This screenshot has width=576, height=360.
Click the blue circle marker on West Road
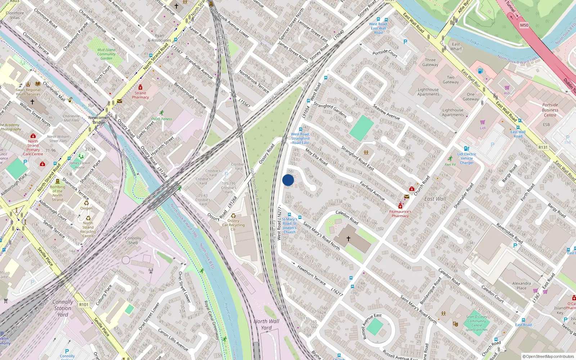point(288,180)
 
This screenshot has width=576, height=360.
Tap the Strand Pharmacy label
point(140,95)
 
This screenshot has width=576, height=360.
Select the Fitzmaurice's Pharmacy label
point(400,214)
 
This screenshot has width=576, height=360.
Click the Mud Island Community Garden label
point(106,54)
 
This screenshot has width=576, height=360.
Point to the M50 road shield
point(524,25)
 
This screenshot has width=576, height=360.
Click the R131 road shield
point(543,147)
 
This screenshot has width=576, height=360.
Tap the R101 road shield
point(84,305)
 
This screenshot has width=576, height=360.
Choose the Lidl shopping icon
point(483,122)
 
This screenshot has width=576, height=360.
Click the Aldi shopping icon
point(507,88)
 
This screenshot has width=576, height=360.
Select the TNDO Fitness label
point(161,119)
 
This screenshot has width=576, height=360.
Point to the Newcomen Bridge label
point(99,120)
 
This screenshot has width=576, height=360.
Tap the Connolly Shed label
point(133,240)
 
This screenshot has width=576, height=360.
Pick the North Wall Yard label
point(266,324)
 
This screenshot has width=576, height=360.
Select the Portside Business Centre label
point(550,110)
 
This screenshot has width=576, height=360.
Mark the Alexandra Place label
point(522,286)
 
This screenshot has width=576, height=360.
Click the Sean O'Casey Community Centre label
point(477,323)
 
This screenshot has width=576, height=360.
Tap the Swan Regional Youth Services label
point(28,92)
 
